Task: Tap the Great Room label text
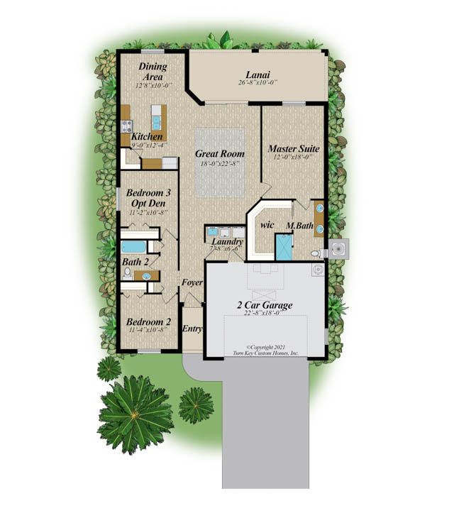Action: [220, 153]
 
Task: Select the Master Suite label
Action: [293, 149]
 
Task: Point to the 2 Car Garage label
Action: [265, 306]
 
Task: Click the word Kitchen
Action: [147, 136]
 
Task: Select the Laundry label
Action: [228, 242]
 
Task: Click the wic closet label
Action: [267, 225]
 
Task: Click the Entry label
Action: [192, 329]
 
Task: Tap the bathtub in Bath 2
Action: [133, 248]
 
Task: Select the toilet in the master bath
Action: [316, 253]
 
